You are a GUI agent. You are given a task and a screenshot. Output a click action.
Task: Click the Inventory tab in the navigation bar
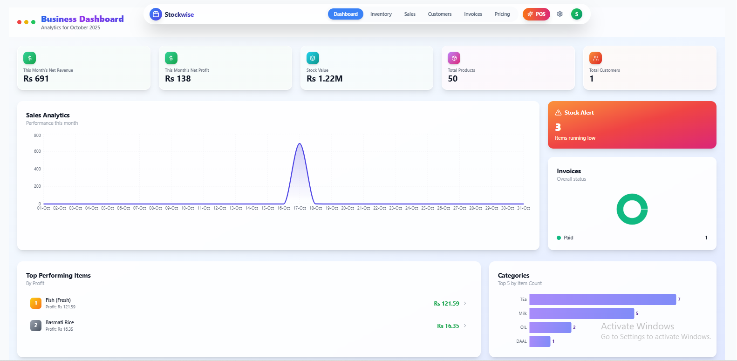click(x=381, y=14)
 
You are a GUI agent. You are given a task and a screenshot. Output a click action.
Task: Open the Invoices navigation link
click(x=473, y=14)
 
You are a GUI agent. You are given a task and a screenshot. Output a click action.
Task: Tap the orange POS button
click(x=536, y=14)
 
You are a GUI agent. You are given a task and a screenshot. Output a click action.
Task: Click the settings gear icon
click(x=560, y=14)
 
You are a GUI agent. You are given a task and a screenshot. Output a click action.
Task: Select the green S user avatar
click(x=576, y=14)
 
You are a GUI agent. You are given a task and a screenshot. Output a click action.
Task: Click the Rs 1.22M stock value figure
click(x=324, y=79)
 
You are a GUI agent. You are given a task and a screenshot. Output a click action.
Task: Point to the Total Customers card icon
click(x=595, y=58)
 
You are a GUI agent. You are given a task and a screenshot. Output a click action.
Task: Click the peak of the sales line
click(x=300, y=144)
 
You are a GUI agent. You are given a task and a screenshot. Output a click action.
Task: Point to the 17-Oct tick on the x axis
click(x=300, y=208)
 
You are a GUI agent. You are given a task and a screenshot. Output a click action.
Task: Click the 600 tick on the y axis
click(x=37, y=151)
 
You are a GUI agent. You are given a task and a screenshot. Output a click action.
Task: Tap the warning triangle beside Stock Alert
click(x=558, y=113)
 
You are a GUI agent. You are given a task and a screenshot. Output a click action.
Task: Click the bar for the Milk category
click(x=581, y=313)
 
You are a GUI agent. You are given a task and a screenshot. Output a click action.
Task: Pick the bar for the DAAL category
click(x=539, y=341)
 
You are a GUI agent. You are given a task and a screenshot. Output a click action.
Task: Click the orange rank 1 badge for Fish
click(x=36, y=303)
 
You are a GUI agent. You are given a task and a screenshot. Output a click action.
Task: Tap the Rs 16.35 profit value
click(x=448, y=326)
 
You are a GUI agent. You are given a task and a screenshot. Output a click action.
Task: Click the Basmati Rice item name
click(x=60, y=322)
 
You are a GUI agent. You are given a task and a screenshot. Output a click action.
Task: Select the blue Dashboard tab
click(x=345, y=14)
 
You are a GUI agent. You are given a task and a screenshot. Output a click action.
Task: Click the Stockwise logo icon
click(x=156, y=14)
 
